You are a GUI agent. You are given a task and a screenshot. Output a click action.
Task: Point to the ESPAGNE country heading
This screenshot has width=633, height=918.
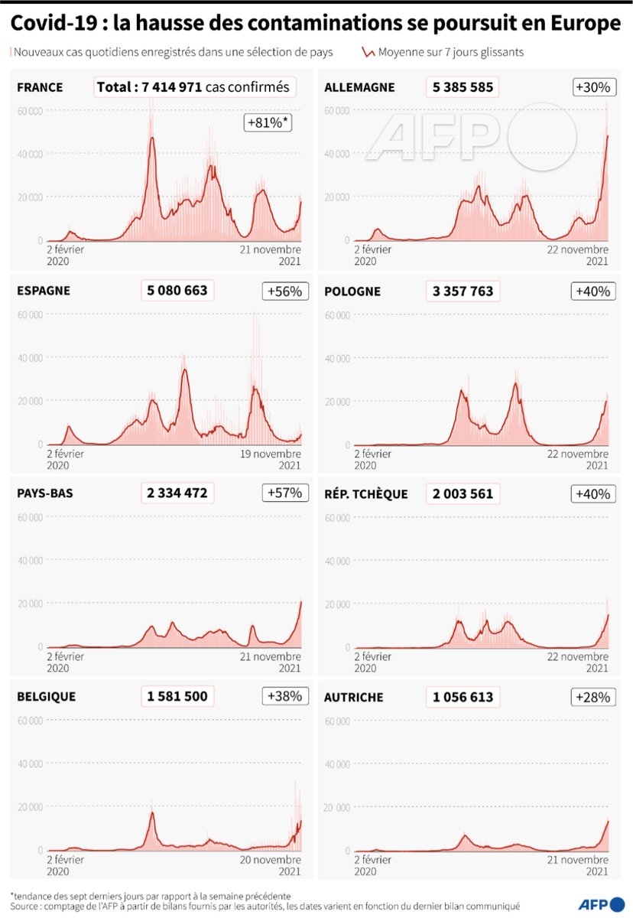point(44,291)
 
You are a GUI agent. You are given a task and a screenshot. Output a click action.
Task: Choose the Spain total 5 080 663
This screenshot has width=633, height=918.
point(177,291)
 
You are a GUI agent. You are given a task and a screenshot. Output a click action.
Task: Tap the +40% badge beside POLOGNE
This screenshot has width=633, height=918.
point(591,291)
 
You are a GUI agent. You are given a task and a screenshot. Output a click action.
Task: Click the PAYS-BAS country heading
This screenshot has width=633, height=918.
point(45,493)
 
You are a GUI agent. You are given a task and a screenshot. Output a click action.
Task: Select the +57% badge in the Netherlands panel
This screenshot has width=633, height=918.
point(284,493)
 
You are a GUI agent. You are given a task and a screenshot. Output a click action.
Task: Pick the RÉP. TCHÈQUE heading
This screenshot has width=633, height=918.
point(366,493)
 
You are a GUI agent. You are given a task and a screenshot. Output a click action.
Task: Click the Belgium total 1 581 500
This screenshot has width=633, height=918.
point(177,697)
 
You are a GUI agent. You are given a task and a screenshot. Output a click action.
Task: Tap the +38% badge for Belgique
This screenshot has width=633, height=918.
point(284,697)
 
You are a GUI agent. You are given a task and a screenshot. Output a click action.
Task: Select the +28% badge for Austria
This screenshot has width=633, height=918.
point(591,697)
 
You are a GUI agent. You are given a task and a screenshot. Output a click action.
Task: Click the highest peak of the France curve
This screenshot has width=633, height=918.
point(152,138)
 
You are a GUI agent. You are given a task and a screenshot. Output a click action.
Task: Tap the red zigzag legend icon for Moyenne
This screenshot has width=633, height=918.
point(368,54)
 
